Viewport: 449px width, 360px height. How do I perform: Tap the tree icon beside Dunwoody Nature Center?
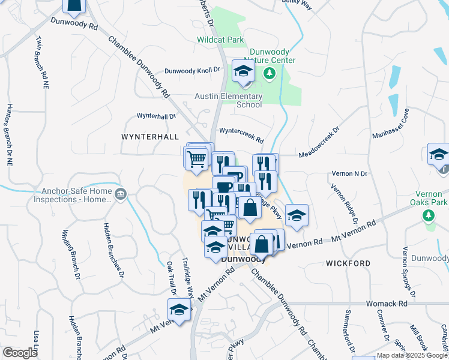tap(270, 73)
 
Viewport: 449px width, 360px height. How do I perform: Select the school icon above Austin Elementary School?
tap(243, 72)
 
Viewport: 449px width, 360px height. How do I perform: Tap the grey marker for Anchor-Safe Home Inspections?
tap(120, 193)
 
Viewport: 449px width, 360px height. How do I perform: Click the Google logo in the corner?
tap(20, 352)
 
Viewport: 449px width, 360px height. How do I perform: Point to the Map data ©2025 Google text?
tap(412, 355)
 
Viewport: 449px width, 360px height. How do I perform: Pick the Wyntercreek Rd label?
tap(241, 134)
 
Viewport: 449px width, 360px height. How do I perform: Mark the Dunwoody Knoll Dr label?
tap(193, 70)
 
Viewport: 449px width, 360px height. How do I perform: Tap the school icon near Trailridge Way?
tap(178, 310)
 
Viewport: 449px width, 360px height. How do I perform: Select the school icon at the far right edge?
tap(438, 154)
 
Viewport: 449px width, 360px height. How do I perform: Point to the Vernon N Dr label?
tap(349, 173)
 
